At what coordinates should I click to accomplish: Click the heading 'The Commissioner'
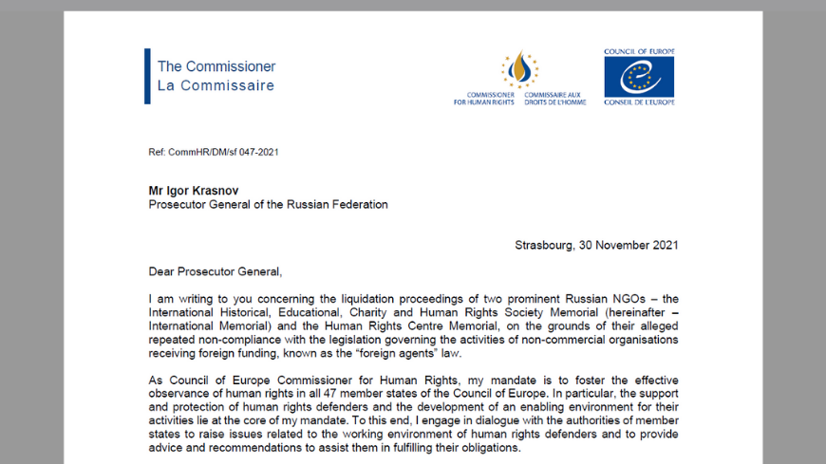(216, 66)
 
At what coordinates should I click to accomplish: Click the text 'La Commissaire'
(216, 85)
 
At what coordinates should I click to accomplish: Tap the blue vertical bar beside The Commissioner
(147, 76)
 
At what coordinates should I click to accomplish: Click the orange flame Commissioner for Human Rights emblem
(518, 69)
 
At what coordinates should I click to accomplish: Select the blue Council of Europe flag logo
(639, 77)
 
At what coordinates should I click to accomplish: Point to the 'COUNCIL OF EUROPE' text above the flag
(639, 51)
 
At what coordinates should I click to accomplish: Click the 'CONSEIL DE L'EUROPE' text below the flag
(639, 102)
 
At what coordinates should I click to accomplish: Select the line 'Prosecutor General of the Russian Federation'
(268, 204)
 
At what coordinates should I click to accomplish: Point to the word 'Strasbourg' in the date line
(543, 245)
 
